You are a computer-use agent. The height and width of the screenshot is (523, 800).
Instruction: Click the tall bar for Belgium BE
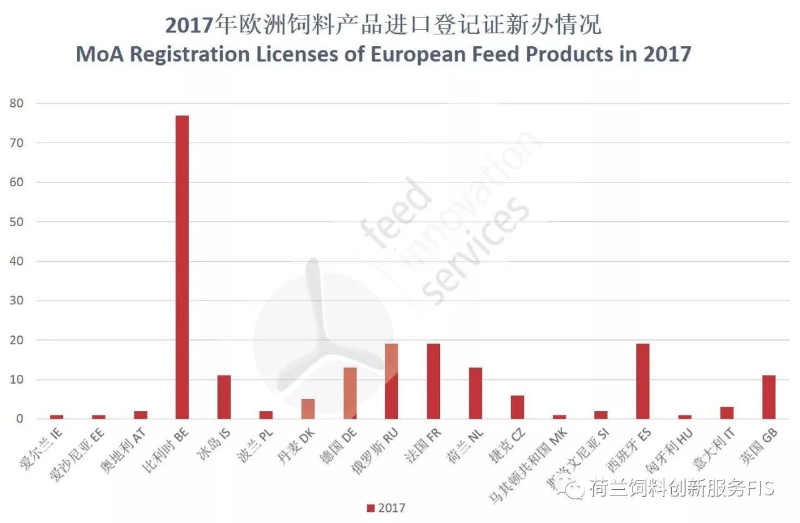tap(182, 267)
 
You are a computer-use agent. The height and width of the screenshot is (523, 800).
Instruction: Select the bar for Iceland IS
tap(224, 397)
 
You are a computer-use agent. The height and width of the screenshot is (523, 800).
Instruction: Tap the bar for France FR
tap(433, 381)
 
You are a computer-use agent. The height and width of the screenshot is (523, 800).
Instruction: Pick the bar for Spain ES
tap(642, 381)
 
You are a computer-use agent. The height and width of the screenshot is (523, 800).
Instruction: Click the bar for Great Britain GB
tap(769, 397)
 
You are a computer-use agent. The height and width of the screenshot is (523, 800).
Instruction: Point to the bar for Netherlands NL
tap(475, 393)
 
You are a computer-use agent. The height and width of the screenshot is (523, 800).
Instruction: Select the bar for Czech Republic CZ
tap(517, 407)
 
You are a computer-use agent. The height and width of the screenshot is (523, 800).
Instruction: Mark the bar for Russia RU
tap(391, 381)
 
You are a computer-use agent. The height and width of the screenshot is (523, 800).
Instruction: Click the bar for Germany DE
tap(349, 393)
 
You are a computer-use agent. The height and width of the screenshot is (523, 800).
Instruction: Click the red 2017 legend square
tap(371, 508)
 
